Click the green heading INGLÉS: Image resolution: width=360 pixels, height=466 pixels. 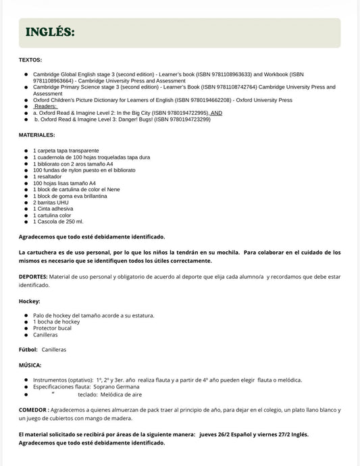49,32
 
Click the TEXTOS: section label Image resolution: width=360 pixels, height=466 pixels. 30,61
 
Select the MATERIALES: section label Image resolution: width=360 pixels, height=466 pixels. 37,135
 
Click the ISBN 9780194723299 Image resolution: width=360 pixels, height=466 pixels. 180,119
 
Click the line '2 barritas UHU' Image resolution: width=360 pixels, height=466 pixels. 51,202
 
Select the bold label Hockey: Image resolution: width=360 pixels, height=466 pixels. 30,301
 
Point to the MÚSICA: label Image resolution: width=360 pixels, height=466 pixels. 30,365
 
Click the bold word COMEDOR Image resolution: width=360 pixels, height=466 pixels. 34,410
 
